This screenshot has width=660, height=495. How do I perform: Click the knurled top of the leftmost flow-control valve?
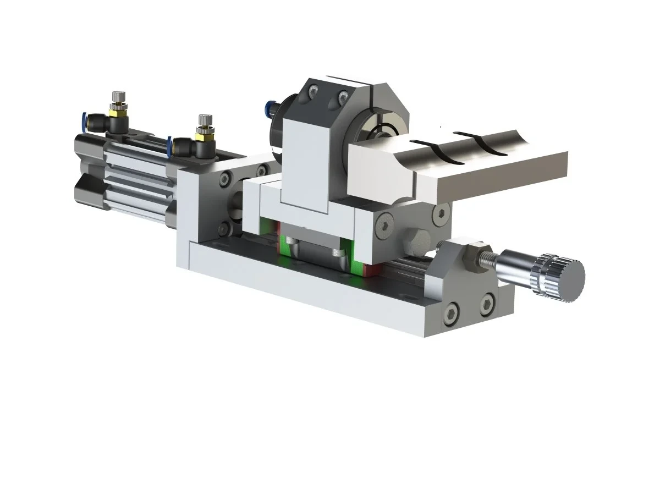117,97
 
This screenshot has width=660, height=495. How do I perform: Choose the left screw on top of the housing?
313,91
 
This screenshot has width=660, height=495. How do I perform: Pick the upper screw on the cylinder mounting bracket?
224,179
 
